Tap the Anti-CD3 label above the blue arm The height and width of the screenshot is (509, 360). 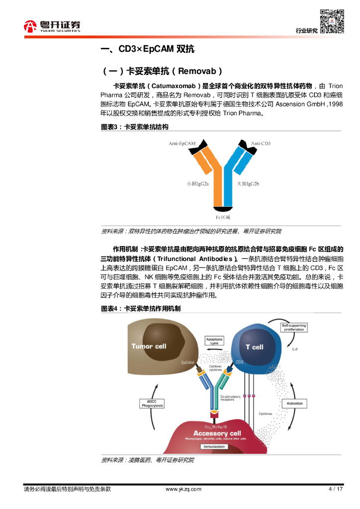pos(261,144)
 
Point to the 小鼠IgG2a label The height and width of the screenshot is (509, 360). pos(197,183)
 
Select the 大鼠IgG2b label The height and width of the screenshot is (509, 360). pos(248,183)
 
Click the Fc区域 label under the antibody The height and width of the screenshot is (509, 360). pos(223,217)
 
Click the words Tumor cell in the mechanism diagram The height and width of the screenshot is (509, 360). pos(149,346)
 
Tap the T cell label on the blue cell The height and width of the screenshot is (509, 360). pos(255,347)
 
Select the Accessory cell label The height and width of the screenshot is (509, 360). pos(217,433)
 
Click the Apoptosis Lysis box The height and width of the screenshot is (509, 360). pos(214,341)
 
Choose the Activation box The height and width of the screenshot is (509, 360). pos(294,404)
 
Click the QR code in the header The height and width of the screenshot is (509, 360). pos(332,21)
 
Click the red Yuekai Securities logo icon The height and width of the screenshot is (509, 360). pos(31,26)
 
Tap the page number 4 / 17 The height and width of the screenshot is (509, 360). pos(336,489)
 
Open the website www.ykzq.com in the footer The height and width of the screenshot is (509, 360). pos(183,489)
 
